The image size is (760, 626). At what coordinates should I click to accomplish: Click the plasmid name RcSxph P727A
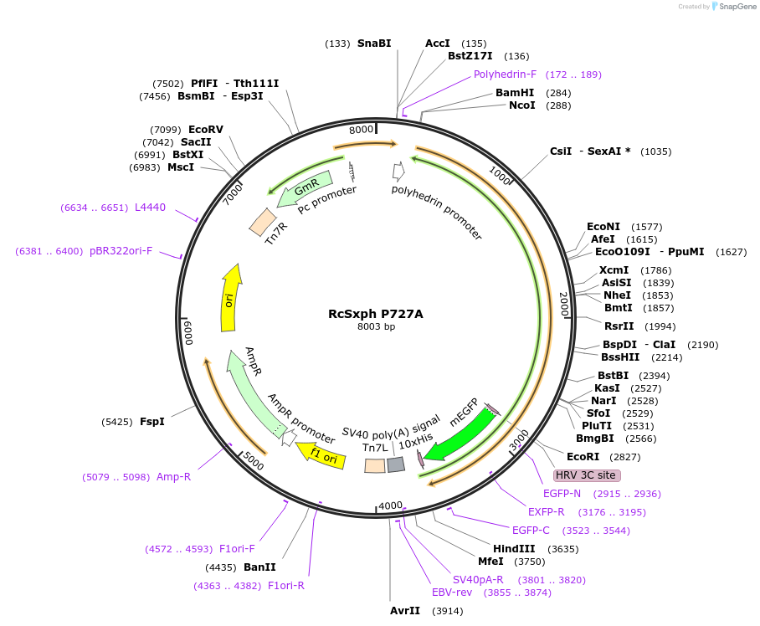coord(375,314)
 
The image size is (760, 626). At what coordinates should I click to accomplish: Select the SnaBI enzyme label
coord(373,43)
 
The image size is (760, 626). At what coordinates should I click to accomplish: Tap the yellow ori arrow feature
coord(229,299)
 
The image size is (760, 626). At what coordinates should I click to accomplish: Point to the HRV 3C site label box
coord(585,475)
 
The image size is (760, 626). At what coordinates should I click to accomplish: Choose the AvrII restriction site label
coord(405,611)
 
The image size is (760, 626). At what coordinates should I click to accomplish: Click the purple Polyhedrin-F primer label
coord(505,74)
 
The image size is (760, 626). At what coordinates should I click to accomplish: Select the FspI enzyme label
coord(151,422)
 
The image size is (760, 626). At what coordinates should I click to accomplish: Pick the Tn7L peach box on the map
coord(375,465)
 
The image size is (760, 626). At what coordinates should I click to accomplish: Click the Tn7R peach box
coord(263,222)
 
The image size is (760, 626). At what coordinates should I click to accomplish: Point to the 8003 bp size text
coord(376,327)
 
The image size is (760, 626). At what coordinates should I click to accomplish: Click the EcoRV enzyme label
coord(205,130)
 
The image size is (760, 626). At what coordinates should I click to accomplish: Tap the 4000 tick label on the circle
coord(390,506)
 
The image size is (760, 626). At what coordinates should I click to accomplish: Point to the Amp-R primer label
coord(173,477)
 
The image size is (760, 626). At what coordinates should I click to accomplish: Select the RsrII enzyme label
coord(619,326)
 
